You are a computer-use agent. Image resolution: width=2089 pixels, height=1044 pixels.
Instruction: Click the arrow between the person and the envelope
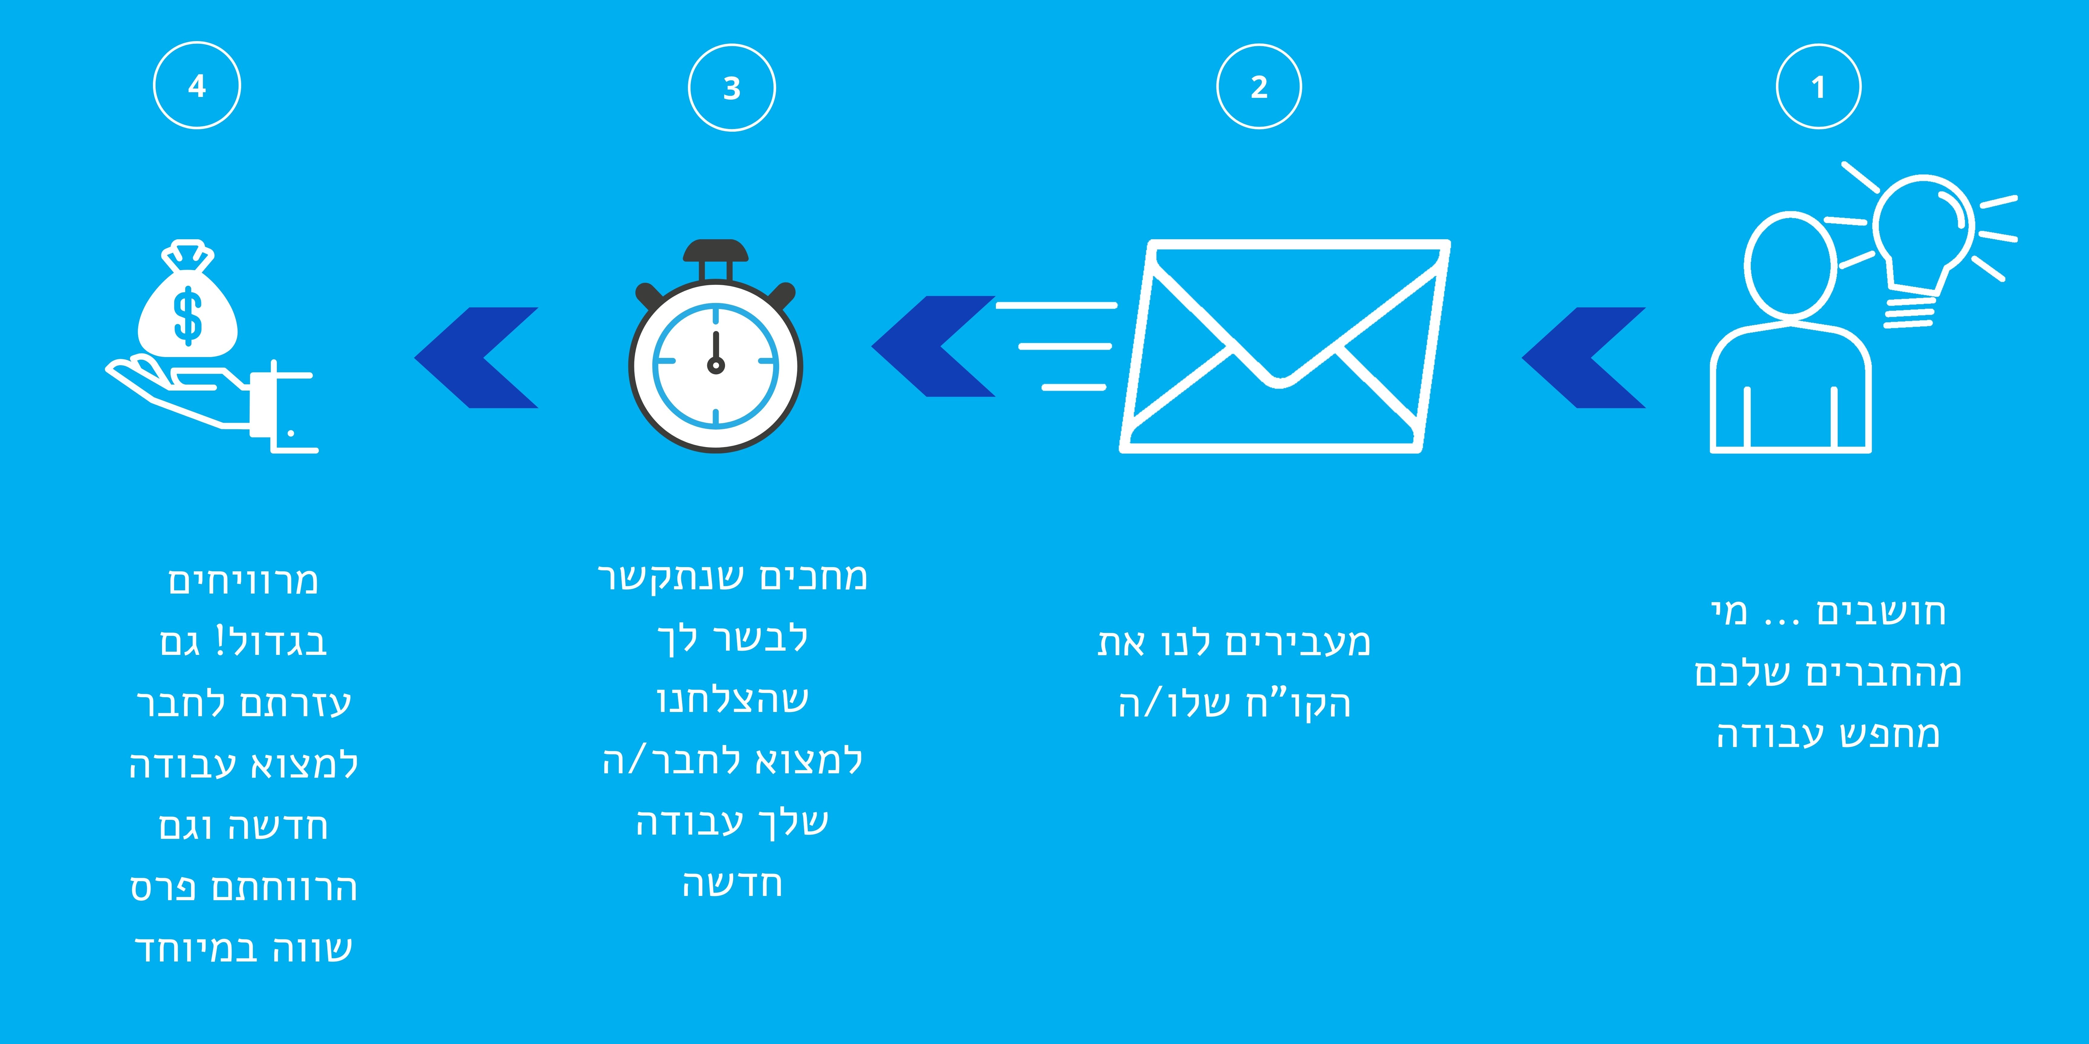coord(1583,357)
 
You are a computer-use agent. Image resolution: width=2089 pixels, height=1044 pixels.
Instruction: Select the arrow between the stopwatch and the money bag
coord(476,357)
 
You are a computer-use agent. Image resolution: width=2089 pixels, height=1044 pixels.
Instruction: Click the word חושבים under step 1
coord(1881,612)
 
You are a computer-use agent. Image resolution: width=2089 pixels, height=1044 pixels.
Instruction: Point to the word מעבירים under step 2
coord(1297,642)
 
